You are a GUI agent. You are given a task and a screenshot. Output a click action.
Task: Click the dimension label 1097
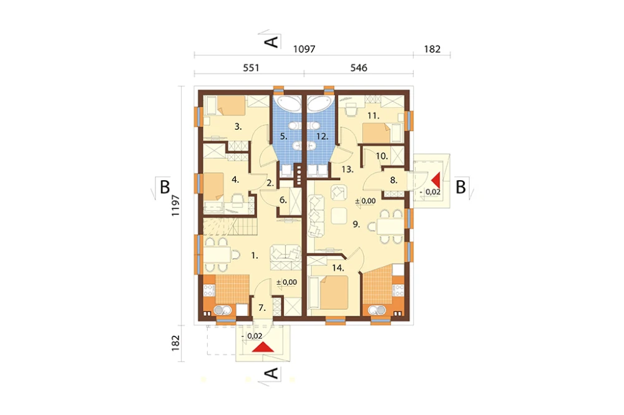pyautogui.click(x=304, y=49)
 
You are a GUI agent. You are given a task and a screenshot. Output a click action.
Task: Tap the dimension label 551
pyautogui.click(x=251, y=68)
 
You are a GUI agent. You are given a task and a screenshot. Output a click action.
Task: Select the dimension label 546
pyautogui.click(x=359, y=68)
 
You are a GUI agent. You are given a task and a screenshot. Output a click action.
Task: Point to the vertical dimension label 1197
pyautogui.click(x=175, y=206)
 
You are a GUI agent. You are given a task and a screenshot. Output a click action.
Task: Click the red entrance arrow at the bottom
pyautogui.click(x=263, y=348)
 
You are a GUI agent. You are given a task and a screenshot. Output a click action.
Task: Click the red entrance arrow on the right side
pyautogui.click(x=436, y=180)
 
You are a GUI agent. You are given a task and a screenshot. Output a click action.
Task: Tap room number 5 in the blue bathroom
pyautogui.click(x=283, y=136)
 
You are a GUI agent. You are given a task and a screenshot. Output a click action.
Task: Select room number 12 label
pyautogui.click(x=322, y=136)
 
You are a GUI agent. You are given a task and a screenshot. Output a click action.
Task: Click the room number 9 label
pyautogui.click(x=356, y=224)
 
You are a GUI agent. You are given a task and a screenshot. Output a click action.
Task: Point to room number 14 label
pyautogui.click(x=338, y=268)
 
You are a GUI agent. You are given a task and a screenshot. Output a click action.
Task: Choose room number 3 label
pyautogui.click(x=238, y=127)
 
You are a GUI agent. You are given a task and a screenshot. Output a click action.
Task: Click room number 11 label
pyautogui.click(x=373, y=116)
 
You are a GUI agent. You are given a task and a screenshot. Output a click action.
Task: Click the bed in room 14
pyautogui.click(x=329, y=292)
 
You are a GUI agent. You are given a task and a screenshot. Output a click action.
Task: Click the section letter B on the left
pyautogui.click(x=164, y=187)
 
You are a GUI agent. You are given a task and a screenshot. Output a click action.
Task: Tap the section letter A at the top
pyautogui.click(x=271, y=41)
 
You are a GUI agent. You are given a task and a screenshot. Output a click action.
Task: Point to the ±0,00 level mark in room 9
pyautogui.click(x=365, y=201)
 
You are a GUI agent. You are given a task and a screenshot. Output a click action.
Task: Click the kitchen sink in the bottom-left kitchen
pyautogui.click(x=220, y=310)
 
